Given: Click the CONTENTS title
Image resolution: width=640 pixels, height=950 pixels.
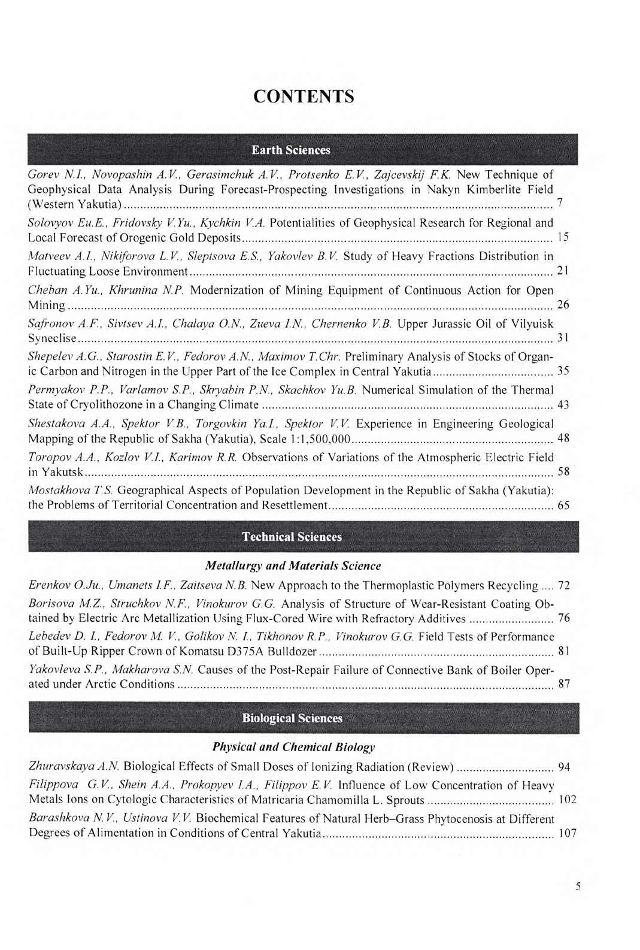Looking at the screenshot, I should click(304, 96).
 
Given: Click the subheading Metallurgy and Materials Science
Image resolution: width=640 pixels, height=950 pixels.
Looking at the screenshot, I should click(293, 566).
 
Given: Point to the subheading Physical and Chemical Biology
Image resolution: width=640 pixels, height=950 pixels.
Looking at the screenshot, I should click(293, 748).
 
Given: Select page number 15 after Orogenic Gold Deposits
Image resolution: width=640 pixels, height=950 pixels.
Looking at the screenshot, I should click(563, 238).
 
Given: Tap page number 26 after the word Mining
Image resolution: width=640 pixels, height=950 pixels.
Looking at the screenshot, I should click(563, 305).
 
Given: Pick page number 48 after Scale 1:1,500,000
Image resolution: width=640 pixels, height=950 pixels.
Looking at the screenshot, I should click(563, 438).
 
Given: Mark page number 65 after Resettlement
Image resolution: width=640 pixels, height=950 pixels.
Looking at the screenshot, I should click(563, 506).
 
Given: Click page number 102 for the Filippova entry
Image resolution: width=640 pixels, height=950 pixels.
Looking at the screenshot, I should click(566, 800).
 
